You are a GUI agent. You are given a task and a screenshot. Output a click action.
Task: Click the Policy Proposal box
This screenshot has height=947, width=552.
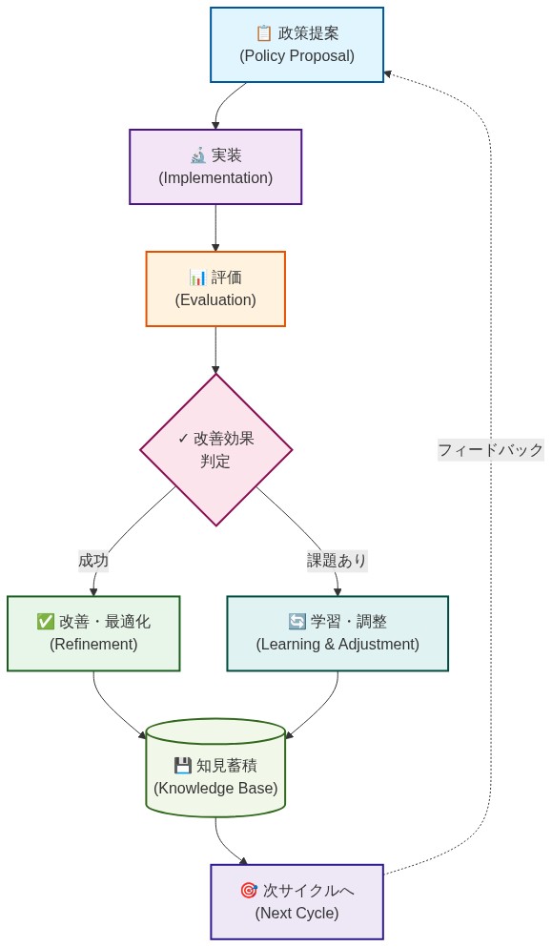click(x=296, y=45)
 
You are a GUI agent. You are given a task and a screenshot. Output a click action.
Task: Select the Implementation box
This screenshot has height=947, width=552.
click(x=215, y=167)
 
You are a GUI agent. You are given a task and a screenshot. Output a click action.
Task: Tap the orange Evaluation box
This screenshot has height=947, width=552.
click(x=215, y=289)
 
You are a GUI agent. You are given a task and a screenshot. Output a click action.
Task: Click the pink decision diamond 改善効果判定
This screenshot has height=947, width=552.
click(x=215, y=449)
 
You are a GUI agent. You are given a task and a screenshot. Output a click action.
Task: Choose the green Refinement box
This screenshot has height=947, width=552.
click(x=93, y=633)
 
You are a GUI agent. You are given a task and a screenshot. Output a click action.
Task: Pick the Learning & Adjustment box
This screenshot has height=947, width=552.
click(x=337, y=633)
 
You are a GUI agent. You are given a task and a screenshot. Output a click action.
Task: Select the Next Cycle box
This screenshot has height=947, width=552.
click(x=296, y=901)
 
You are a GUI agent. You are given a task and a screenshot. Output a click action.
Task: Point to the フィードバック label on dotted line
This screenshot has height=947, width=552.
click(x=490, y=449)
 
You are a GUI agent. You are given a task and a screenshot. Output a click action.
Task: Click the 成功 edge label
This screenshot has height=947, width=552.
click(x=93, y=561)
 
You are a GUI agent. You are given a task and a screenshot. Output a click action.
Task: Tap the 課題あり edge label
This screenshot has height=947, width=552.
click(x=337, y=561)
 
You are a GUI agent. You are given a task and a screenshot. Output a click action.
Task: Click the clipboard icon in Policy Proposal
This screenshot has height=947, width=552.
click(x=264, y=33)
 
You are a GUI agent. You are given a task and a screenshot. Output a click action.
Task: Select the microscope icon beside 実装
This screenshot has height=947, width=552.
click(x=197, y=155)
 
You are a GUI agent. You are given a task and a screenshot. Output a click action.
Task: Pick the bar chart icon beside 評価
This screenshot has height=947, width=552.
click(x=197, y=278)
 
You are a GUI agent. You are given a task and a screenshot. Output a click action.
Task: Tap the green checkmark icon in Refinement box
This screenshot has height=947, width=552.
click(x=45, y=622)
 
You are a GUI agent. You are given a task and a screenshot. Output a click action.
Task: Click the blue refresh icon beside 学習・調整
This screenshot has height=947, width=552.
click(x=296, y=622)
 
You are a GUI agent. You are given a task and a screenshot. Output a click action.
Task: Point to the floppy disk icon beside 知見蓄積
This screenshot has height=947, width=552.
click(x=182, y=765)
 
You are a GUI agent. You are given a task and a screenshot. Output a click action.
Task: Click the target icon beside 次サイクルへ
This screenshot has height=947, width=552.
click(x=248, y=891)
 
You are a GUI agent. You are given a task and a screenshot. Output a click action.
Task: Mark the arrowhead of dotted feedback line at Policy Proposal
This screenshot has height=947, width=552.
click(x=387, y=73)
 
